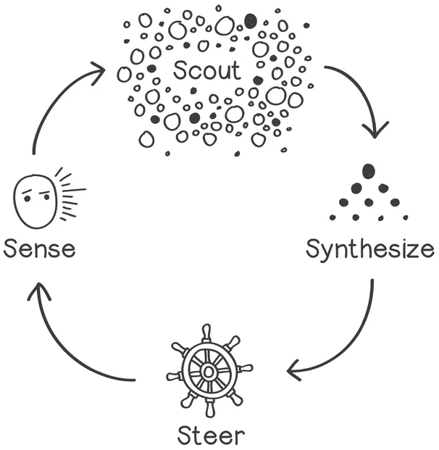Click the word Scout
(206, 70)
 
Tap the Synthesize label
(369, 249)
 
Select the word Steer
(211, 436)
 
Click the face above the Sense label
(35, 198)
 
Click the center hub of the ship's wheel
(209, 371)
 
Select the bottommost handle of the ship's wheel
(210, 411)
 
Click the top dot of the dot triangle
(369, 171)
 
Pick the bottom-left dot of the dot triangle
(333, 217)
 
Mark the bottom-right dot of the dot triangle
(405, 217)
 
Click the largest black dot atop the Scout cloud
(250, 21)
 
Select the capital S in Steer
(185, 436)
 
